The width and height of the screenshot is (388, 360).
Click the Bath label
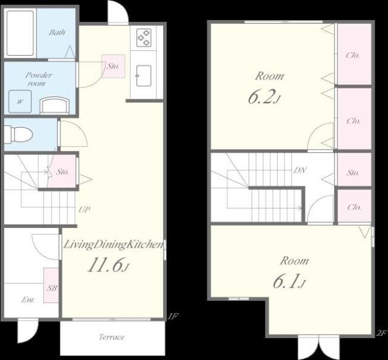pyautogui.click(x=57, y=32)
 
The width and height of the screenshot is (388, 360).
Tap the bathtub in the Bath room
pyautogui.click(x=20, y=33)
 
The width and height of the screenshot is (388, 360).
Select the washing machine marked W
pyautogui.click(x=20, y=101)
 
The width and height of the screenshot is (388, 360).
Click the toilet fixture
pyautogui.click(x=18, y=135)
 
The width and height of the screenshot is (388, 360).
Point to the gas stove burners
pyautogui.click(x=144, y=38)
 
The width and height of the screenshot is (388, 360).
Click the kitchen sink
pyautogui.click(x=144, y=76)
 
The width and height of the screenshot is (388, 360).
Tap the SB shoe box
pyautogui.click(x=51, y=285)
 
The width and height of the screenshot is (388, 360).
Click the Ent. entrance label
pyautogui.click(x=28, y=300)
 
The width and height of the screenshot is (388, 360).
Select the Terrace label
pyautogui.click(x=112, y=337)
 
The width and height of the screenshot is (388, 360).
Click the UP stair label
pyautogui.click(x=84, y=210)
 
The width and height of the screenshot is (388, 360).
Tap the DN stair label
pyautogui.click(x=300, y=170)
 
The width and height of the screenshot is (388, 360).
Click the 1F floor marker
pyautogui.click(x=173, y=316)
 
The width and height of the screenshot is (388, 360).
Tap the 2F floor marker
pyautogui.click(x=381, y=333)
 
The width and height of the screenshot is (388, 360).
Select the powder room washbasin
pyautogui.click(x=55, y=105)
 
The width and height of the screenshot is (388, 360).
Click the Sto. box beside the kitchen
pyautogui.click(x=113, y=66)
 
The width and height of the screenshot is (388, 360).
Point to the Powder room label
pyautogui.click(x=38, y=79)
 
